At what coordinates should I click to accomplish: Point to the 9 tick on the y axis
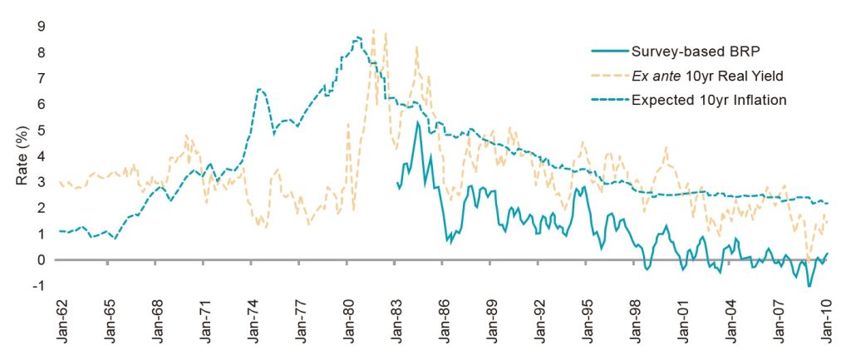[40, 26]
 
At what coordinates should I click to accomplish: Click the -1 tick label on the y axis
[37, 286]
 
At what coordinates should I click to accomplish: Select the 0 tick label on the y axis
[40, 260]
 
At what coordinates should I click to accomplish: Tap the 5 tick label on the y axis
[40, 130]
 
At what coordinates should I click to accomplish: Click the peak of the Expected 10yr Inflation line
[357, 37]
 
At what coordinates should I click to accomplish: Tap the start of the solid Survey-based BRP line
[398, 182]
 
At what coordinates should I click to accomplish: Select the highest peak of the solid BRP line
[417, 122]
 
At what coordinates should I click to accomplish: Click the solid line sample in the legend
[608, 50]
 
